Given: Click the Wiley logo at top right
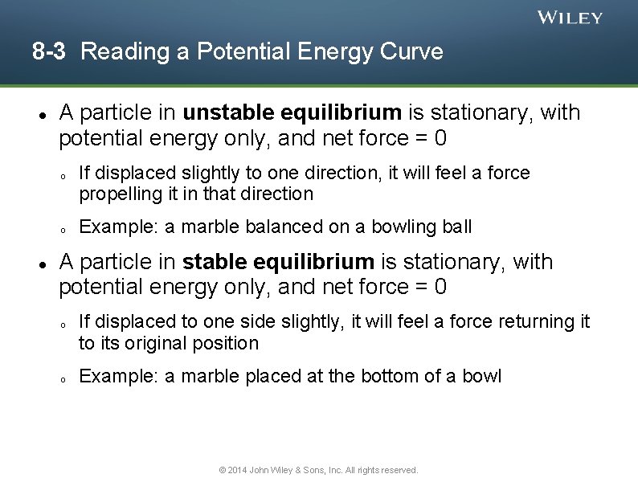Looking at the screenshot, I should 569,18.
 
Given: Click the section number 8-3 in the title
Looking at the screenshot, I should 48,52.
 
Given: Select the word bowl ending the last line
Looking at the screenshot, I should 482,376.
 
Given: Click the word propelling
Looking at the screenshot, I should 116,194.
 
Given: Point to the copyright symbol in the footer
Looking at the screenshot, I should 223,470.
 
